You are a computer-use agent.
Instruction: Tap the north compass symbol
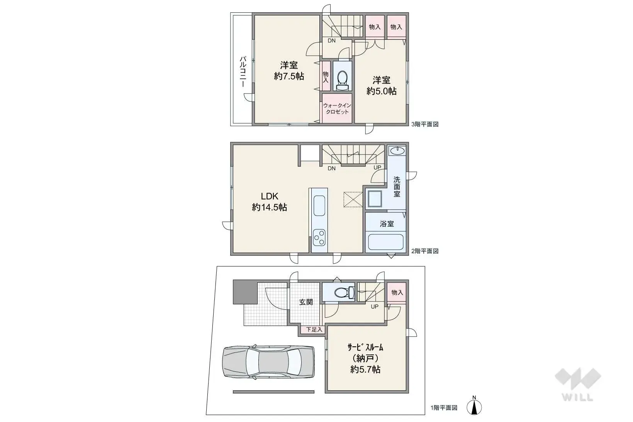(x=475, y=407)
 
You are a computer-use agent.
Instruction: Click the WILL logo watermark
(x=577, y=384)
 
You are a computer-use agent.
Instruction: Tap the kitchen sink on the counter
(x=319, y=206)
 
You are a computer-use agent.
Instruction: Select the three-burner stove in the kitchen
(x=319, y=237)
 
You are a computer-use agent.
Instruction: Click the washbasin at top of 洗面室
(x=397, y=150)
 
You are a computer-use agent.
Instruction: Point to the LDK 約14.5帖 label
(x=270, y=202)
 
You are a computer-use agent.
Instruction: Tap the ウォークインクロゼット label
(x=337, y=108)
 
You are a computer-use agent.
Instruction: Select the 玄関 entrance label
(x=306, y=302)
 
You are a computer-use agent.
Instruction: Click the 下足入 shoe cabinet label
(x=314, y=330)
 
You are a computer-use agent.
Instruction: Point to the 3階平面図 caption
(x=425, y=124)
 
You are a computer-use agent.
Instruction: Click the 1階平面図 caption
(x=444, y=408)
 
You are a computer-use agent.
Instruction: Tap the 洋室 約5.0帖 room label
(x=381, y=86)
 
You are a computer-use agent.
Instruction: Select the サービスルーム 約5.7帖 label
(x=365, y=358)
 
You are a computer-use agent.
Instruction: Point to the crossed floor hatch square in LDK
(x=353, y=200)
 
